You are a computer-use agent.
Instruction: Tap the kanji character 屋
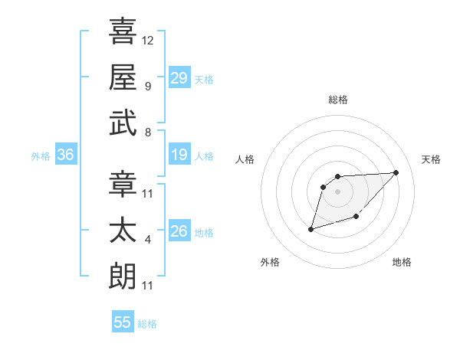click(123, 77)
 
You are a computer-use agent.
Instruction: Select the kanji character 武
click(123, 123)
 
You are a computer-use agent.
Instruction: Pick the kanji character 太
click(123, 231)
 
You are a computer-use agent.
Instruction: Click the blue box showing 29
click(179, 78)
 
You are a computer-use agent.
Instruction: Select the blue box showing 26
click(179, 232)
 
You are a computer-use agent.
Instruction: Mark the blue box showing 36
click(66, 155)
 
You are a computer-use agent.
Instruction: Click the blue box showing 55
click(123, 322)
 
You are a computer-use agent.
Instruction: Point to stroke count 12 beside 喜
click(148, 40)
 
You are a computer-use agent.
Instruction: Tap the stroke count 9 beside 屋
click(148, 86)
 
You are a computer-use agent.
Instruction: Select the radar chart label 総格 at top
click(338, 100)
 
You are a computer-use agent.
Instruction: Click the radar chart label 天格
click(431, 159)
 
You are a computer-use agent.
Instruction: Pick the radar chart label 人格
click(245, 159)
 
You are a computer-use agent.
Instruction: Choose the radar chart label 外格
click(270, 262)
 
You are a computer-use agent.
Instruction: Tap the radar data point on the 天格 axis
click(396, 172)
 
